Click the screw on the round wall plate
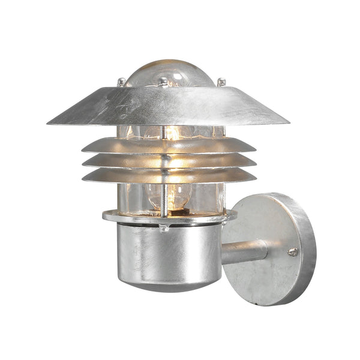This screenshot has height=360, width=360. tap(292, 252)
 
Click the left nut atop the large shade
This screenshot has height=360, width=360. tap(122, 82)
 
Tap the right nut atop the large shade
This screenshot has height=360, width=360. tap(221, 82)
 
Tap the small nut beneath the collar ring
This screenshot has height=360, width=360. tap(164, 229)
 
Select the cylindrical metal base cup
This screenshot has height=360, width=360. tap(174, 255)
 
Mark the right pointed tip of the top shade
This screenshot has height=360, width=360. tap(287, 122)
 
